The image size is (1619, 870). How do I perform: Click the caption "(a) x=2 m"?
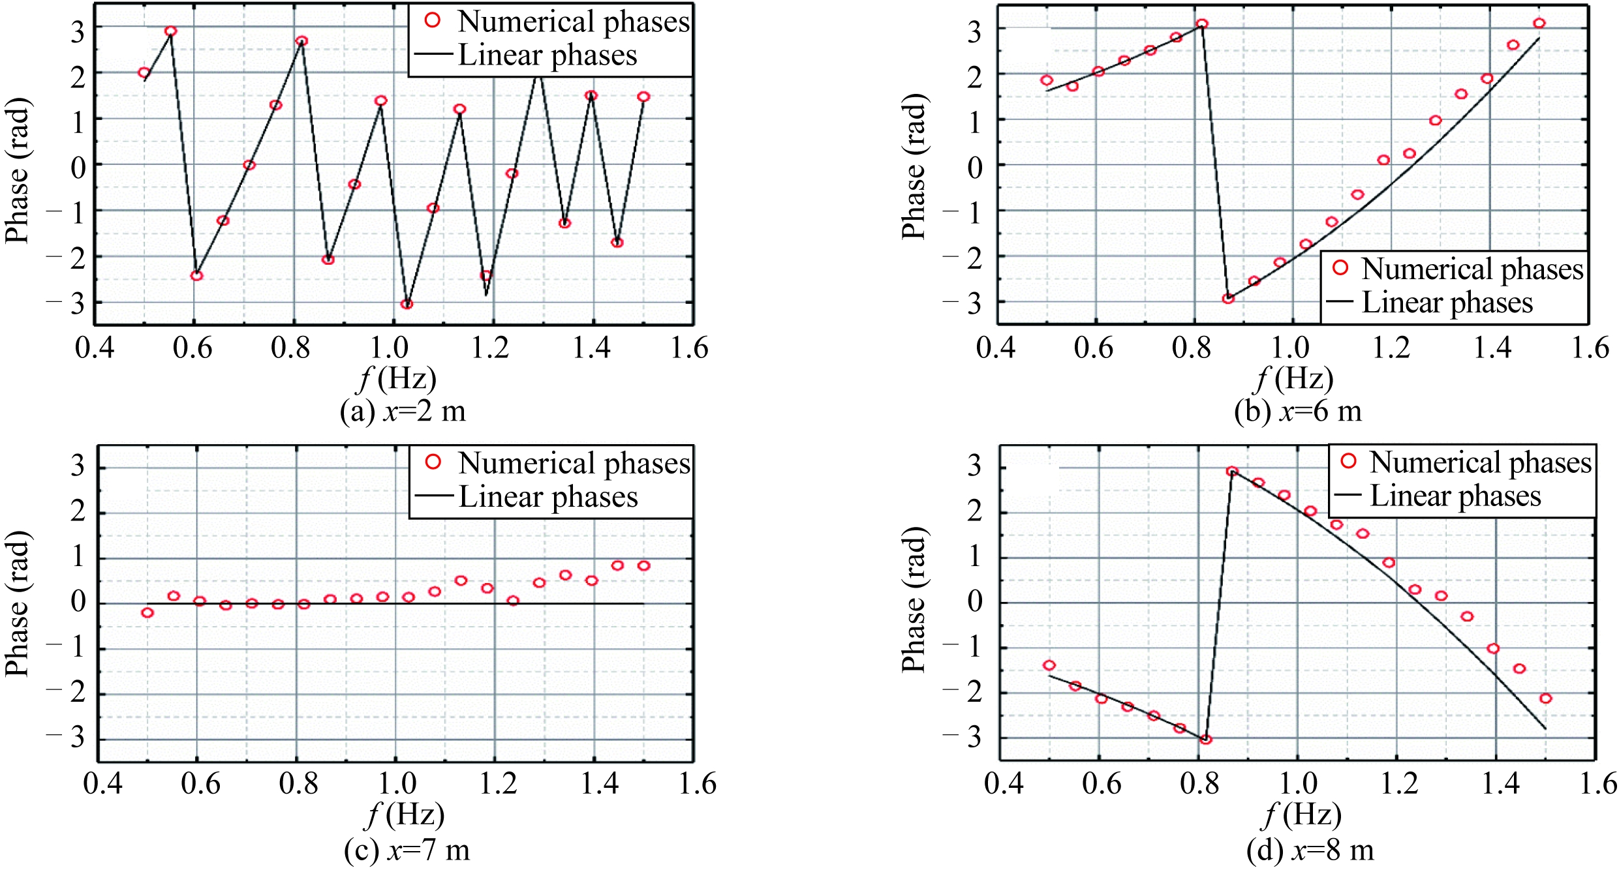pyautogui.click(x=403, y=412)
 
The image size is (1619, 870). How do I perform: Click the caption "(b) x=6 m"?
pyautogui.click(x=1297, y=412)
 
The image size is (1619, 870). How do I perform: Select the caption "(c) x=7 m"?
pyautogui.click(x=407, y=850)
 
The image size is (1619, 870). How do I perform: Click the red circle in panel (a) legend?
pyautogui.click(x=432, y=21)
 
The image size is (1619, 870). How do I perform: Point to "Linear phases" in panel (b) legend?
pyautogui.click(x=1447, y=303)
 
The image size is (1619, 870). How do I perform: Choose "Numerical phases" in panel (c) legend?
pyautogui.click(x=574, y=463)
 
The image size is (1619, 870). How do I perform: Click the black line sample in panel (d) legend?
pyautogui.click(x=1348, y=496)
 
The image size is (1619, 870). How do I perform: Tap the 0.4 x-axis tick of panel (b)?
pyautogui.click(x=996, y=348)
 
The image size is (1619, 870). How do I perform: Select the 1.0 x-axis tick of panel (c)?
pyautogui.click(x=397, y=783)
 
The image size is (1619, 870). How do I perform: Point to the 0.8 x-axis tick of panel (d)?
pyautogui.click(x=1199, y=783)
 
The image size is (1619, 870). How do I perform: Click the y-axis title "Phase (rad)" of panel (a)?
pyautogui.click(x=17, y=171)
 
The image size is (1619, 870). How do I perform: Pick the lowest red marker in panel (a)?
pyautogui.click(x=407, y=304)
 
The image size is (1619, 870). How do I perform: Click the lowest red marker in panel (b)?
pyautogui.click(x=1228, y=299)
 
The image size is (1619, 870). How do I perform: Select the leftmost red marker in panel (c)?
pyautogui.click(x=147, y=612)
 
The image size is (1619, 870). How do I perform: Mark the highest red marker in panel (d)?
pyautogui.click(x=1231, y=471)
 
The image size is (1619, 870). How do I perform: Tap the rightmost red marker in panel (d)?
pyautogui.click(x=1545, y=698)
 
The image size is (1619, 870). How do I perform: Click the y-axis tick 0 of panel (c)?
pyautogui.click(x=78, y=603)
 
